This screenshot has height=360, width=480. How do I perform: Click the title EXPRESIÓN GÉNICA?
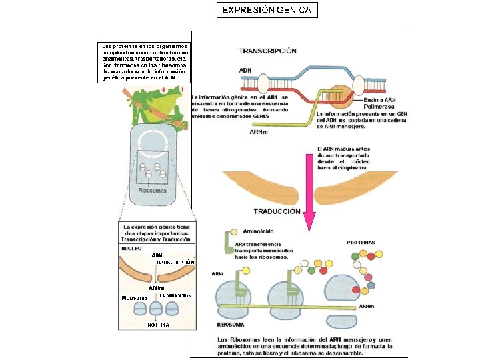[267, 10]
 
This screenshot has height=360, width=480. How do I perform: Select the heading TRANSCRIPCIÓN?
[268, 51]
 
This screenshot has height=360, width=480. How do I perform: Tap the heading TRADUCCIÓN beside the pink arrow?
[277, 212]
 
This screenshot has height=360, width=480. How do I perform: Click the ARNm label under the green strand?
[258, 132]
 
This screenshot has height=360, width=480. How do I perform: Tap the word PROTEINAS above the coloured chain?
[361, 242]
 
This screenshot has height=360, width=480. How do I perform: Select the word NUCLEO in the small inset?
[131, 248]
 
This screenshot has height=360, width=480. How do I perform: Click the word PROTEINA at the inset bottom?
[157, 325]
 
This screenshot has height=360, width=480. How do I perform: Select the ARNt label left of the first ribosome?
[217, 273]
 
